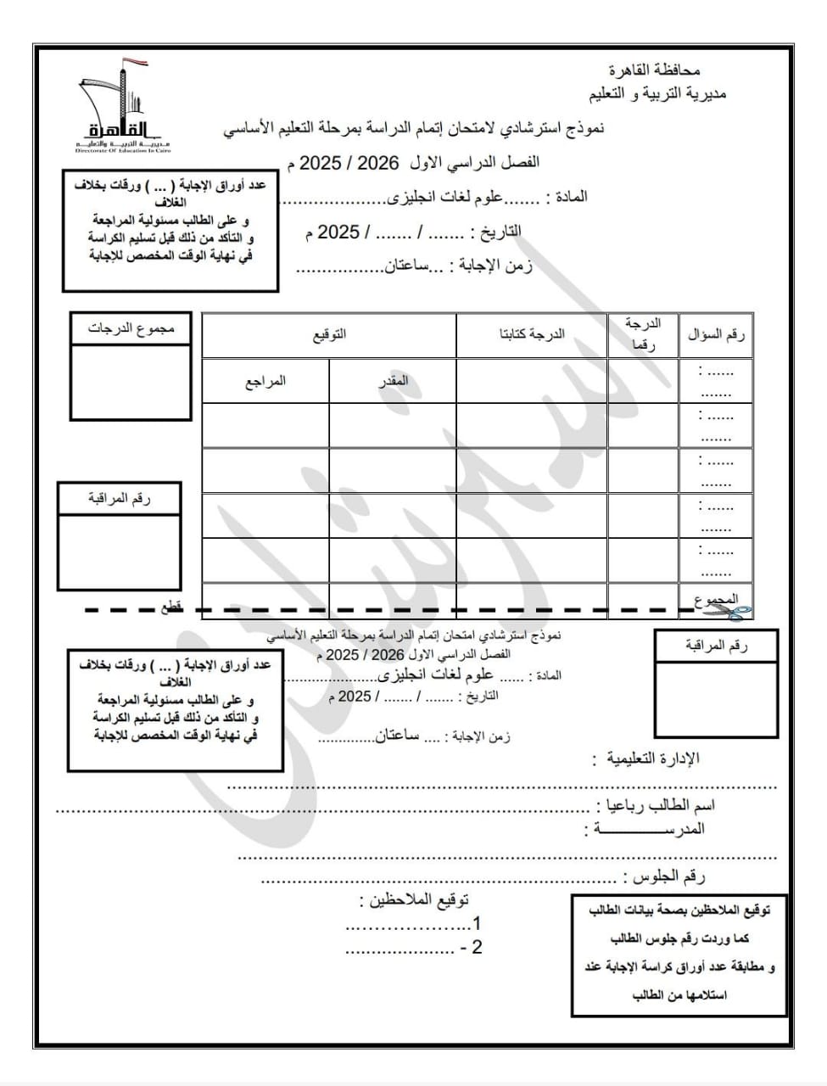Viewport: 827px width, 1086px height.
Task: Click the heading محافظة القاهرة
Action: click(x=654, y=70)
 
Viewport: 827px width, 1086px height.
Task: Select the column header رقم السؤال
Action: click(x=716, y=334)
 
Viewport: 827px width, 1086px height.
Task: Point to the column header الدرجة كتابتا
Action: click(x=532, y=334)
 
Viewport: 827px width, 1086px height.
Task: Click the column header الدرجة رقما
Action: click(x=643, y=334)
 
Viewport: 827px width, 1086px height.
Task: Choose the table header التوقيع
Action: click(x=329, y=334)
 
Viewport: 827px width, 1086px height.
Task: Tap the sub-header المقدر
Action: click(x=393, y=380)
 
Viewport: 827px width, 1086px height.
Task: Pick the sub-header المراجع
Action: click(x=265, y=381)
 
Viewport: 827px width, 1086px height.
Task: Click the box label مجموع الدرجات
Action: click(x=131, y=328)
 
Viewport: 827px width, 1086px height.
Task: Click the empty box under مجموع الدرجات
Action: click(x=131, y=381)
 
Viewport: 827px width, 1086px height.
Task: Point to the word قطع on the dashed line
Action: click(x=171, y=608)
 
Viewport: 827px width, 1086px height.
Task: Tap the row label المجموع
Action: click(x=715, y=601)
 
